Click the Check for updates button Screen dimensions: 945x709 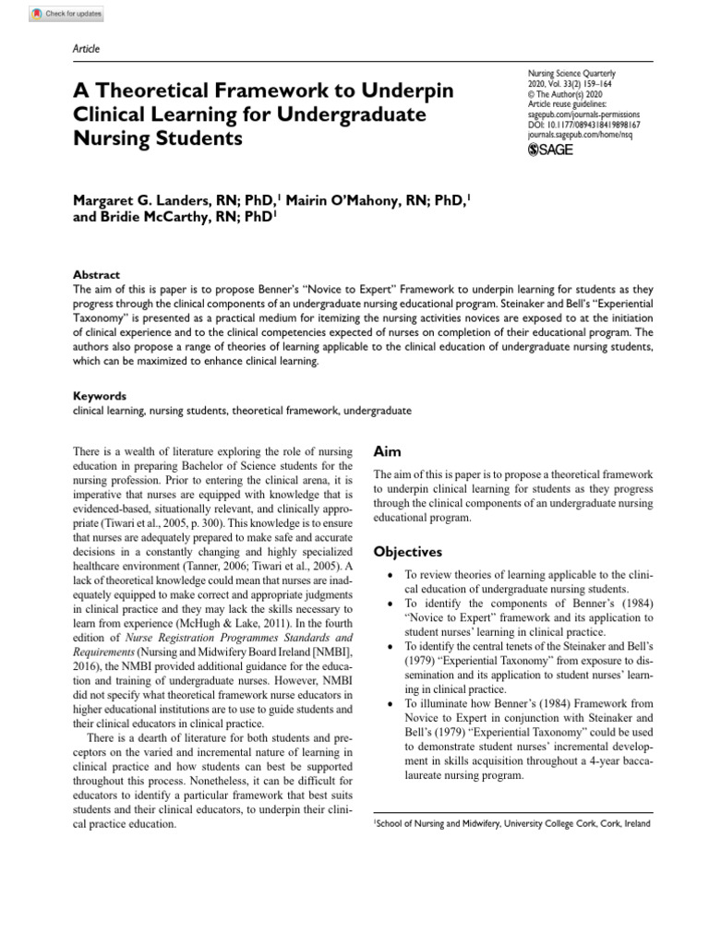click(66, 14)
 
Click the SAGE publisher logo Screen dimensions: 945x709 click(550, 150)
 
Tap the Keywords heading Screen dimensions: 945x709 click(99, 396)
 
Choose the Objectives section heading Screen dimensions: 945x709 click(407, 552)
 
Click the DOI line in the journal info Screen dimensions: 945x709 click(583, 124)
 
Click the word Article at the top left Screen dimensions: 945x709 click(86, 48)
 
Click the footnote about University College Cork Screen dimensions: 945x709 click(512, 823)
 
